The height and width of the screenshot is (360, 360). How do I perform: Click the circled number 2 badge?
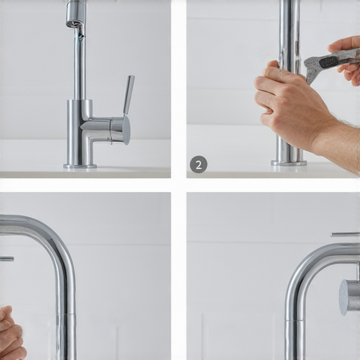tap(198, 165)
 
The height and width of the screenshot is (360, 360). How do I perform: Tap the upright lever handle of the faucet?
tap(129, 95)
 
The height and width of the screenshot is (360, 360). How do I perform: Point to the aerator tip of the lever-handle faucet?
tap(73, 23)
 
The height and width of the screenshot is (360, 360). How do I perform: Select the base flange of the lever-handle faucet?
tap(80, 167)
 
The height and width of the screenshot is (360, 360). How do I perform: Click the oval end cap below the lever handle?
tap(127, 130)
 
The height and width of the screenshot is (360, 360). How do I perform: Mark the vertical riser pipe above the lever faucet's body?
tap(79, 63)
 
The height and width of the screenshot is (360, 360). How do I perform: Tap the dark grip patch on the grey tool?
tap(329, 62)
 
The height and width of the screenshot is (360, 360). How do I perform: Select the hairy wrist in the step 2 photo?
tap(340, 141)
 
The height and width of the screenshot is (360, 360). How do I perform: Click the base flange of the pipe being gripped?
tap(289, 163)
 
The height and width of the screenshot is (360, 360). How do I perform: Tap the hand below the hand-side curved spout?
tap(11, 333)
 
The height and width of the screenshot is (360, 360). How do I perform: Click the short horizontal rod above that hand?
tap(7, 259)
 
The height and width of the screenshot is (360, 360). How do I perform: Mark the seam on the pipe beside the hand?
tap(67, 314)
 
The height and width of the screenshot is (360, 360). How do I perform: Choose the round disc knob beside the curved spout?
tap(344, 297)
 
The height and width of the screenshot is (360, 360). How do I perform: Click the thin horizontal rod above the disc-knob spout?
tap(345, 234)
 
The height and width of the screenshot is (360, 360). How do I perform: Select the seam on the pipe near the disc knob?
tap(295, 320)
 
